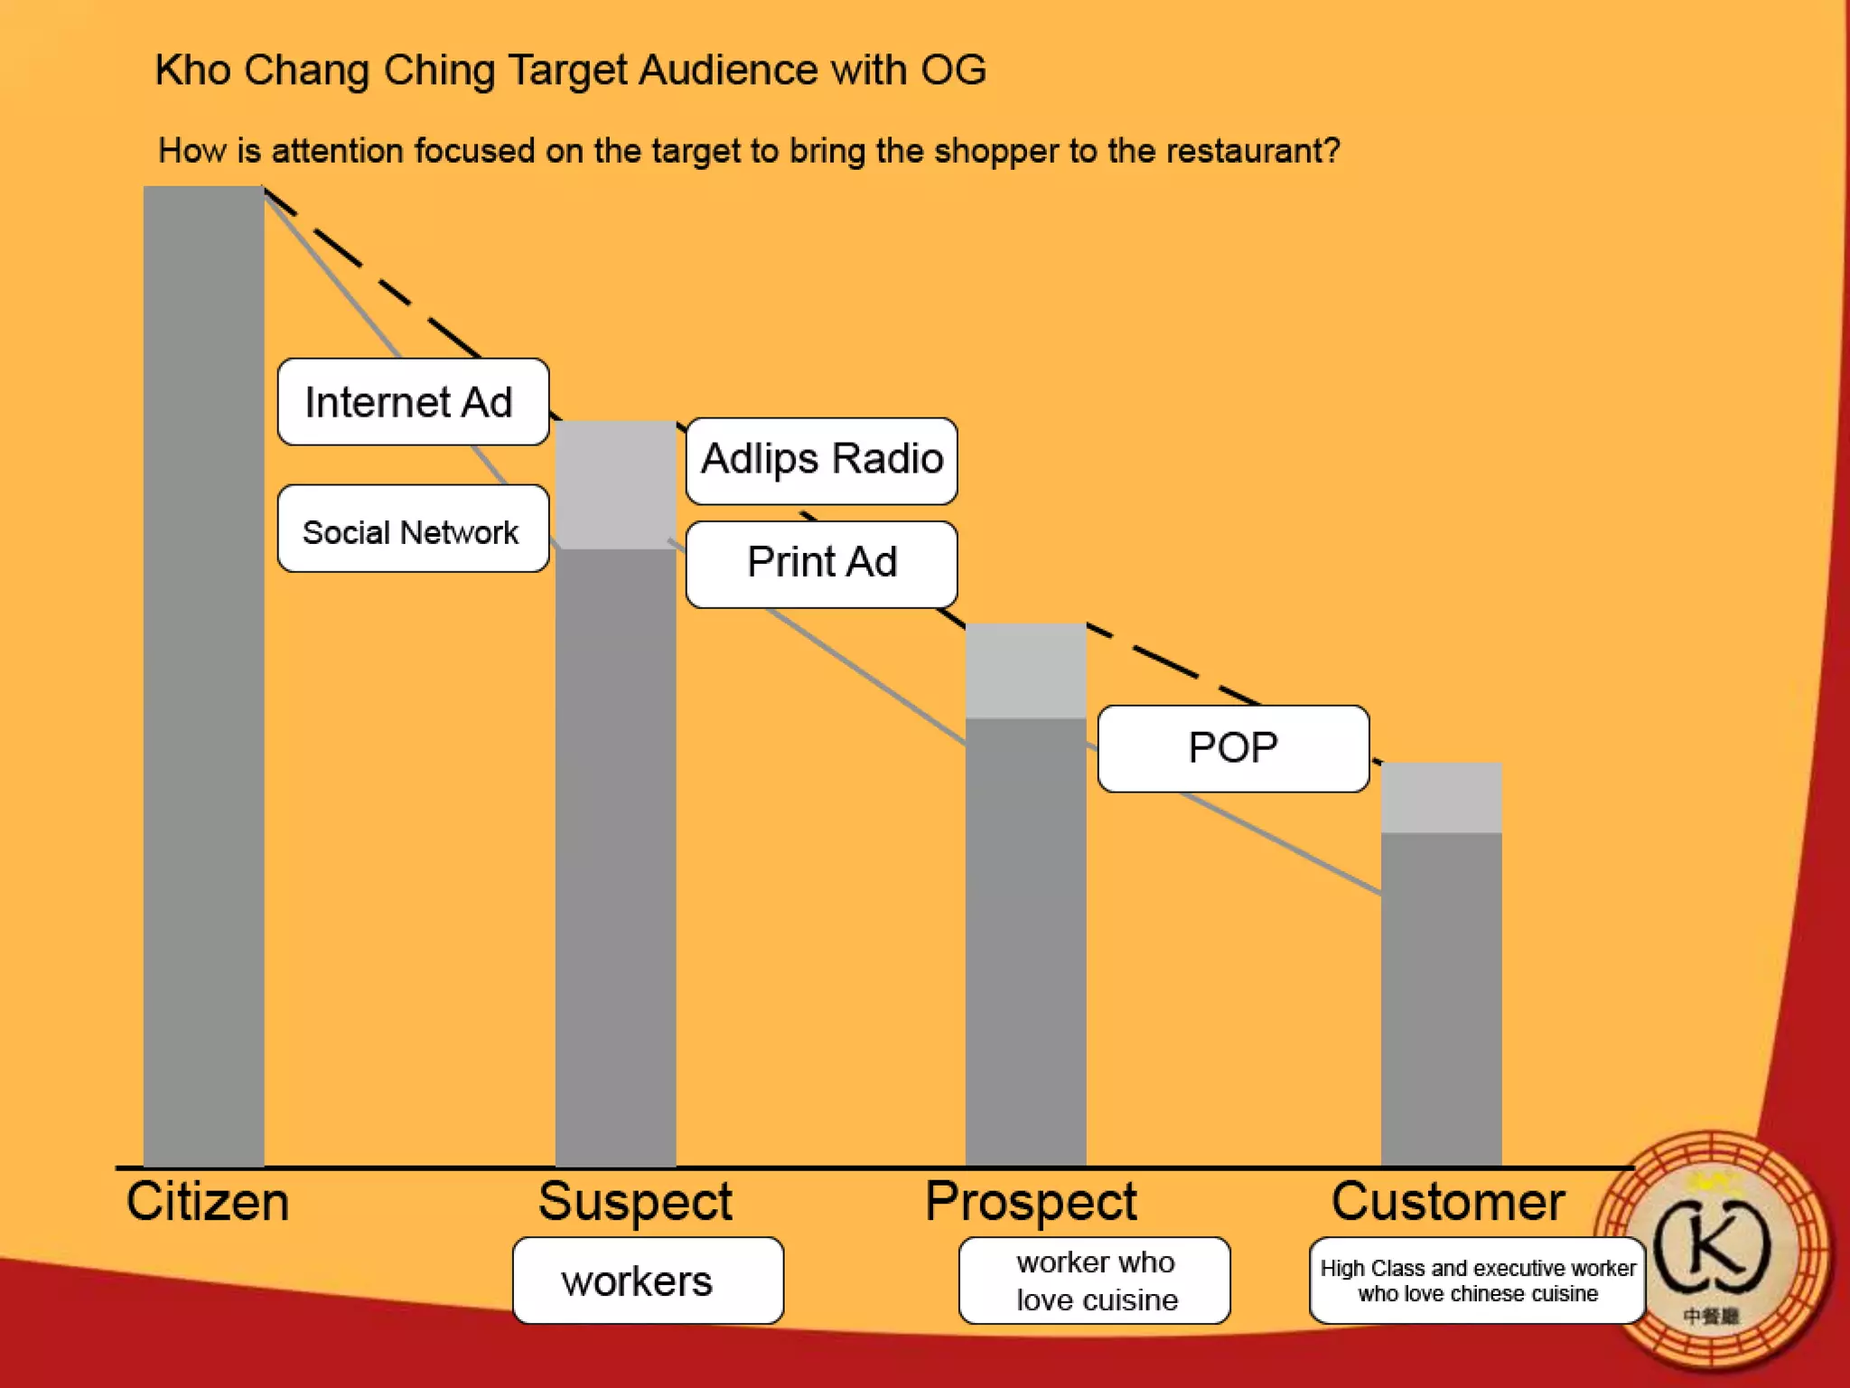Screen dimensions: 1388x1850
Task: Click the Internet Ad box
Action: pyautogui.click(x=413, y=402)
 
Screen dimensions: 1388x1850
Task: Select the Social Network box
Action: pyautogui.click(x=413, y=530)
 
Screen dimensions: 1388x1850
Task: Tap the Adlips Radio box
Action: pyautogui.click(x=821, y=460)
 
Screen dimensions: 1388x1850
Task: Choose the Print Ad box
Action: pyautogui.click(x=821, y=564)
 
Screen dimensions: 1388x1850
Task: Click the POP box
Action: pyautogui.click(x=1233, y=748)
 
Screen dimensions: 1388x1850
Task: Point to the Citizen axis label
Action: pyautogui.click(x=207, y=1202)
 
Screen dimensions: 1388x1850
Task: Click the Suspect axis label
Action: pyautogui.click(x=634, y=1202)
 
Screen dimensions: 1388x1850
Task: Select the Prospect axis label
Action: pyautogui.click(x=1031, y=1202)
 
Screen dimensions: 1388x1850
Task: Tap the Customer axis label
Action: pyautogui.click(x=1447, y=1202)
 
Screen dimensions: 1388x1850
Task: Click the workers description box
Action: pyautogui.click(x=647, y=1280)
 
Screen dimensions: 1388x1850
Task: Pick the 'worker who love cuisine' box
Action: pyautogui.click(x=1094, y=1280)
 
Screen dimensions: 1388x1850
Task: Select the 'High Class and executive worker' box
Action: pyautogui.click(x=1477, y=1280)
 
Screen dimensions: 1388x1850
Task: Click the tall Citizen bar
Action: pyautogui.click(x=204, y=678)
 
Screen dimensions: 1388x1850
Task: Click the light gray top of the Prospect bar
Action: pyautogui.click(x=1025, y=671)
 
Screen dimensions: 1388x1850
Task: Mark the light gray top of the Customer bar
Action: pyautogui.click(x=1441, y=798)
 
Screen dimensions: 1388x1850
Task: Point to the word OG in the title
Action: pyautogui.click(x=953, y=70)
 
